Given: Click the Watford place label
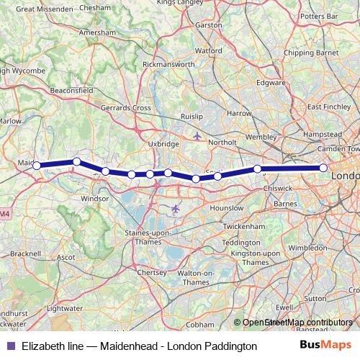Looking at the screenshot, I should [208, 51].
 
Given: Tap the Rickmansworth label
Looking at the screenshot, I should [168, 64].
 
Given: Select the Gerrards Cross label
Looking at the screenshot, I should [126, 107].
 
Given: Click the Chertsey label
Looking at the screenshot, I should [151, 273].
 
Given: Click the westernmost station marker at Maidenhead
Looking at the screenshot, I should [36, 166].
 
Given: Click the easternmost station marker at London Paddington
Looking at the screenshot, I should [323, 168].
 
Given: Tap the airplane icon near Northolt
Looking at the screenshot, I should [197, 135].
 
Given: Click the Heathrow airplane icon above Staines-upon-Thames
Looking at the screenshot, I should [176, 209].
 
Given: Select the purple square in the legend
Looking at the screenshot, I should [10, 346].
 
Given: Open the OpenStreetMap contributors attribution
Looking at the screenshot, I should [297, 323].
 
